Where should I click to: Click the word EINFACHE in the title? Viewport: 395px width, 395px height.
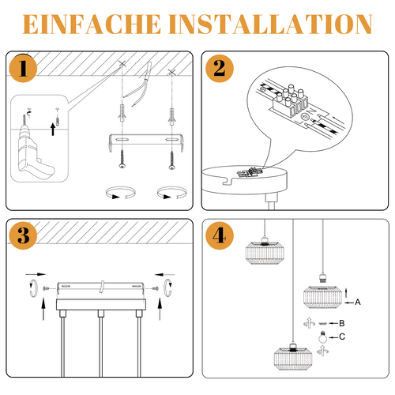click(x=92, y=24)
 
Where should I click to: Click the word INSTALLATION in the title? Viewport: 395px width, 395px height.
click(x=270, y=24)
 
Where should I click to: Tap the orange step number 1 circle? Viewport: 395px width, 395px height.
click(x=23, y=68)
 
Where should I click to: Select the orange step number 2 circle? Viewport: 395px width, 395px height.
click(x=220, y=68)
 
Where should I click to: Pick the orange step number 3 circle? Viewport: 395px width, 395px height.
click(x=23, y=235)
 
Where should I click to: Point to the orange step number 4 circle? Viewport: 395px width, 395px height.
click(x=220, y=235)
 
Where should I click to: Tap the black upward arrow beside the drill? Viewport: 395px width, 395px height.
click(x=53, y=130)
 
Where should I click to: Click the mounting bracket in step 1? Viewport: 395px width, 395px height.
click(x=146, y=141)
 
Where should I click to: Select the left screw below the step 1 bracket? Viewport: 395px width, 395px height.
click(x=122, y=159)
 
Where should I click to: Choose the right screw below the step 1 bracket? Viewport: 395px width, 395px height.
click(x=172, y=160)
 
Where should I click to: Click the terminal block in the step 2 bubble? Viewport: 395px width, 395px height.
click(x=290, y=101)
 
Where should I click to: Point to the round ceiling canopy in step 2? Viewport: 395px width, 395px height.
click(x=244, y=180)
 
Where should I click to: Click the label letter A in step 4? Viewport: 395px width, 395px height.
click(x=358, y=302)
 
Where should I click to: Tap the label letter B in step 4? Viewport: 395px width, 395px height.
click(x=342, y=323)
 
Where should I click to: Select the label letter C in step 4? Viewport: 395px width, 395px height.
click(x=342, y=337)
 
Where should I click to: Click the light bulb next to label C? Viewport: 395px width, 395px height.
click(x=322, y=337)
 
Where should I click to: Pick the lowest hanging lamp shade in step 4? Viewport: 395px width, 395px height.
click(x=293, y=359)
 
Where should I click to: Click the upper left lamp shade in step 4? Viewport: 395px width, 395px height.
click(x=265, y=253)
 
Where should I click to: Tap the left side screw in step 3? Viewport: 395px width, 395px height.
click(x=46, y=288)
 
